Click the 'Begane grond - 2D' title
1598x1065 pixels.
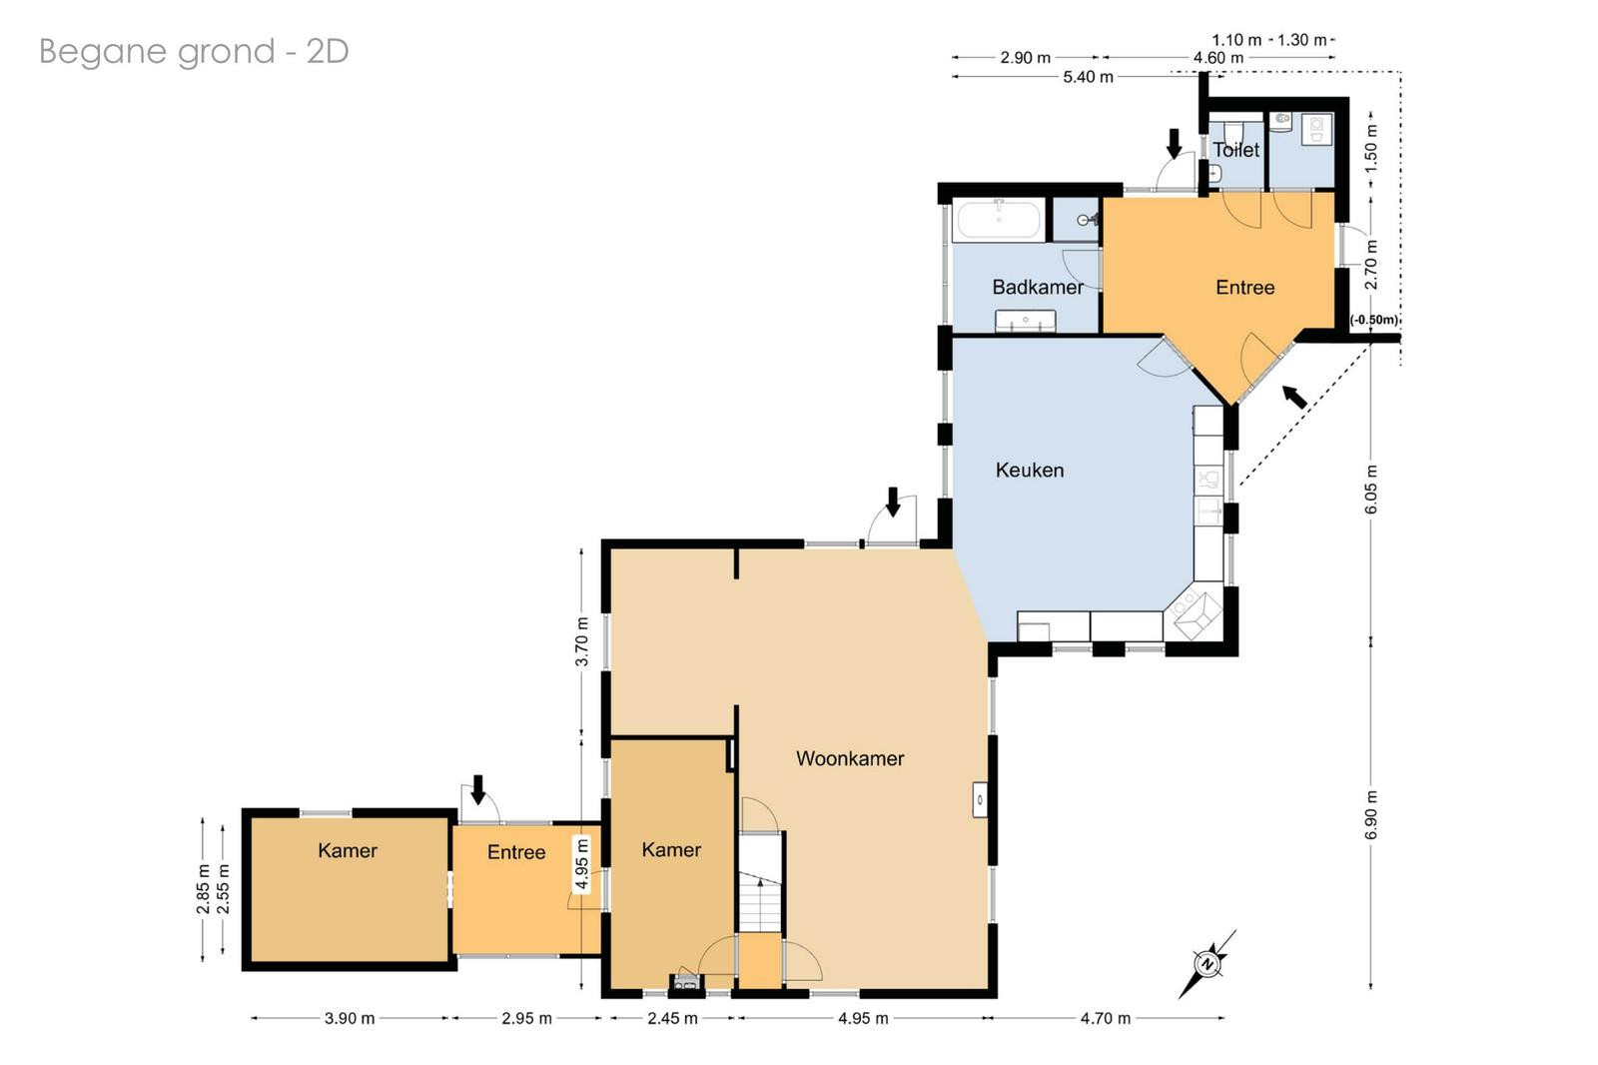(x=194, y=52)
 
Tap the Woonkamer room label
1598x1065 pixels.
(x=850, y=758)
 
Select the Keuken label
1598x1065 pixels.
(x=1030, y=470)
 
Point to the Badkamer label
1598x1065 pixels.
(x=1038, y=287)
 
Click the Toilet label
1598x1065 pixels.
(x=1235, y=150)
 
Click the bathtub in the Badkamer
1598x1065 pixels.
(x=999, y=220)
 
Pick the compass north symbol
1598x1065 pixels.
(x=1207, y=964)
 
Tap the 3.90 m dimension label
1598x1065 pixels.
(x=350, y=1018)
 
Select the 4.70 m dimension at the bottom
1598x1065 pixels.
(x=1105, y=1018)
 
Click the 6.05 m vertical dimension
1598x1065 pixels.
(x=1370, y=489)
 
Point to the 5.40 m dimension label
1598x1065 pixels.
(x=1088, y=77)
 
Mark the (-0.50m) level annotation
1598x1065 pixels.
(x=1374, y=320)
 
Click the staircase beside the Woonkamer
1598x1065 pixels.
(x=760, y=882)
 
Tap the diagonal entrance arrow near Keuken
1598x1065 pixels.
(x=1294, y=397)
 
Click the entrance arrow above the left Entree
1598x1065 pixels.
(x=478, y=789)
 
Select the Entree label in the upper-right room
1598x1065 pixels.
(x=1244, y=287)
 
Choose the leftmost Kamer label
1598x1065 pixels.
(x=348, y=850)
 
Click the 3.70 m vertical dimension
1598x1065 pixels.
(x=581, y=641)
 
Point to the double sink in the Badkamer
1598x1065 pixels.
(x=1025, y=322)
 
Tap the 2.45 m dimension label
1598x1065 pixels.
(x=672, y=1018)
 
